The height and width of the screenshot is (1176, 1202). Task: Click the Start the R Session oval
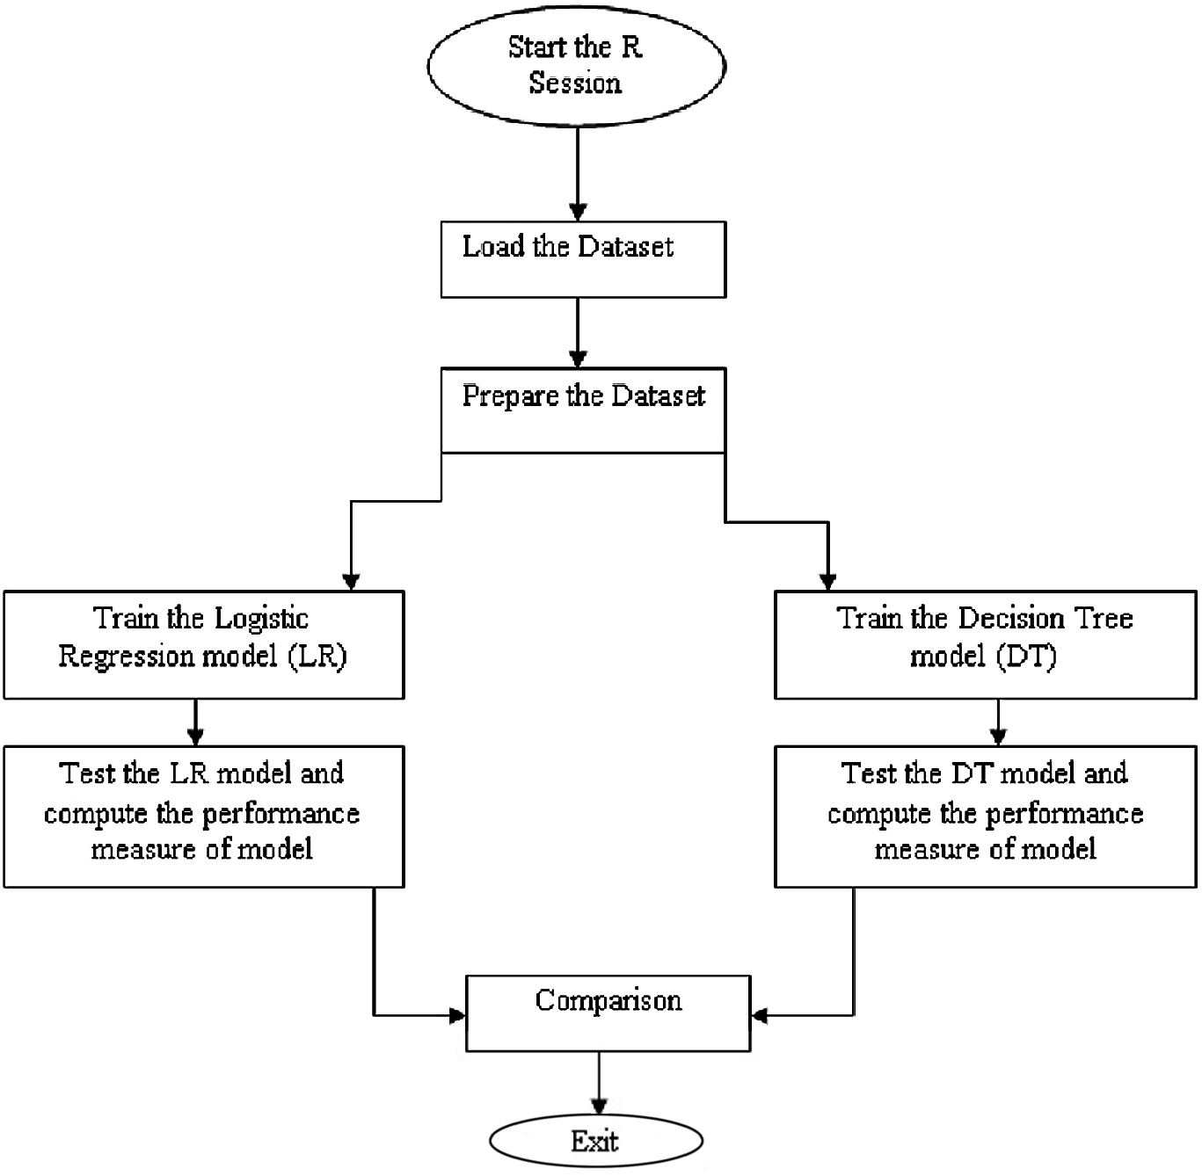coord(576,66)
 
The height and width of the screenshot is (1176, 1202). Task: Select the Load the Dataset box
coord(583,259)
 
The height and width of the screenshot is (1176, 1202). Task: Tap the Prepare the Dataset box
coord(583,410)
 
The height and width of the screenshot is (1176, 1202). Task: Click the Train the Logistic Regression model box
coord(203,644)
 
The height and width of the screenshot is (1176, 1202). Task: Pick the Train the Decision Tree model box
coord(985,644)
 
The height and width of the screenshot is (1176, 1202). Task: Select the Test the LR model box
coord(203,816)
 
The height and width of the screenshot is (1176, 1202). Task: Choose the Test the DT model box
coord(985,816)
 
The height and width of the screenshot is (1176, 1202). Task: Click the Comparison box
coord(608,1013)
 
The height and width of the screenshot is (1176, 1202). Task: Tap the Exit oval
coord(596,1141)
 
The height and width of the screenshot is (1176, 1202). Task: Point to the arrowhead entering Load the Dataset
coord(578,212)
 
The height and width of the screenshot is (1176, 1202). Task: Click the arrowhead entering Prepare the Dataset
coord(578,359)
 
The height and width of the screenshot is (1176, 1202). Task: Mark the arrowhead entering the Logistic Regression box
coord(351,581)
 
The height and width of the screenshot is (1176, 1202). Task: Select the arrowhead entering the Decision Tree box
coord(827,581)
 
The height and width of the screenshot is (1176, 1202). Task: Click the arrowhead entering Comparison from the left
coord(456,1016)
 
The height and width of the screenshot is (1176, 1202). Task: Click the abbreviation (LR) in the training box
coord(318,656)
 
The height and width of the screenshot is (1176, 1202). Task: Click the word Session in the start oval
coord(575,83)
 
